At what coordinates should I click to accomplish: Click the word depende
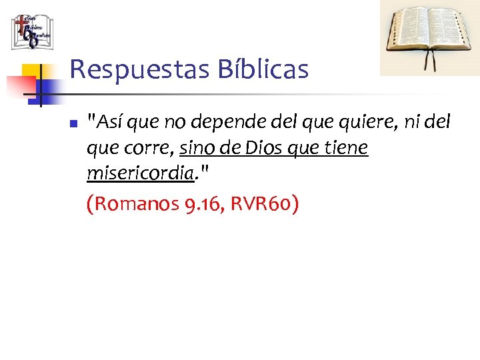pos(215,123)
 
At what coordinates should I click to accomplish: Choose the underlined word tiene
pos(347,148)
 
